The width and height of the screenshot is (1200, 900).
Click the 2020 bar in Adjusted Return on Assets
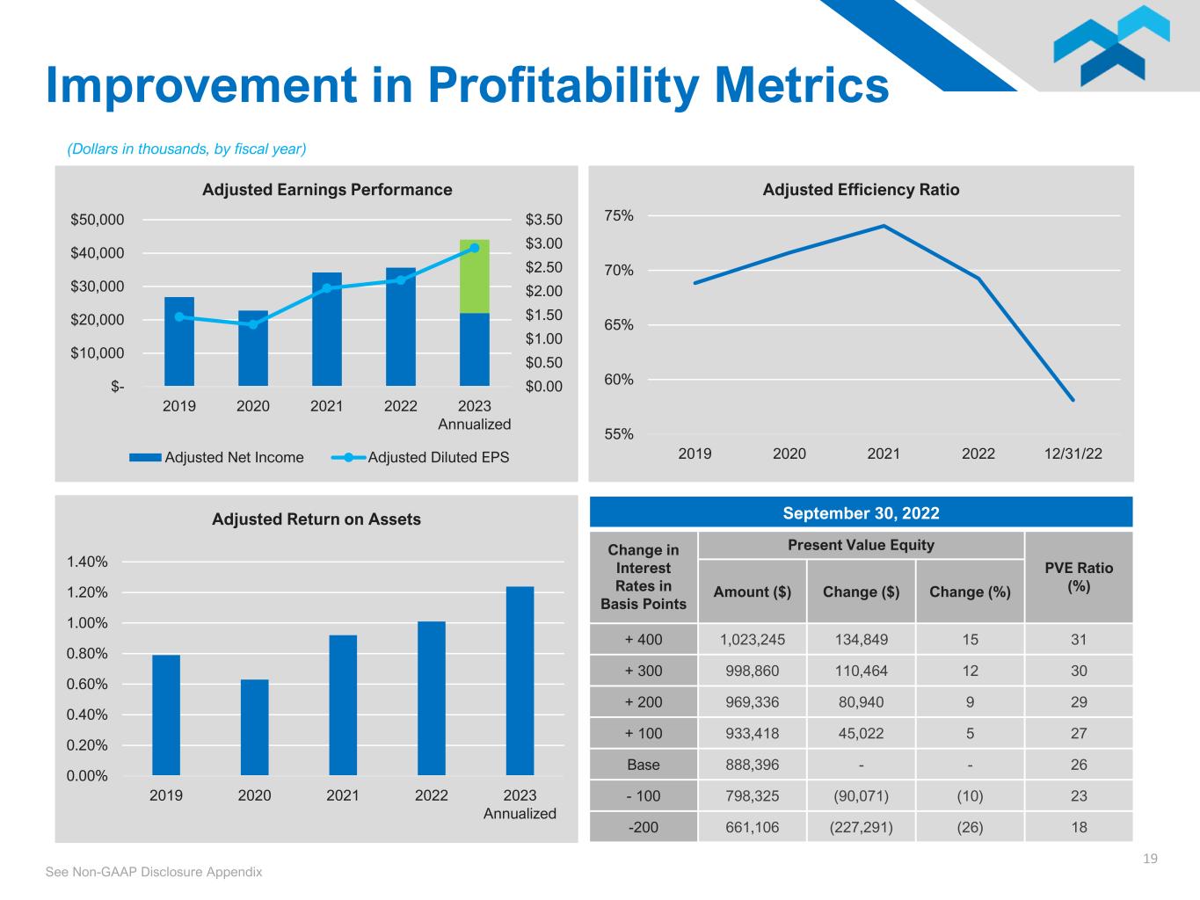254,727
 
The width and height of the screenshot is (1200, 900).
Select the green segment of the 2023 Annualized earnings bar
475,276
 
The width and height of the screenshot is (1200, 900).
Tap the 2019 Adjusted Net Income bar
179,341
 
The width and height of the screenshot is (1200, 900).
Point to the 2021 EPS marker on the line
327,288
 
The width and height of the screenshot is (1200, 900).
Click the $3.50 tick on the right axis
543,220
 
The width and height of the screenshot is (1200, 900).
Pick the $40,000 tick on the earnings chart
98,253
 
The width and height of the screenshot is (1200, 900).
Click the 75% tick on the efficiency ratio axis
619,216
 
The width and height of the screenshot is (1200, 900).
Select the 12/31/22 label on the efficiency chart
1072,454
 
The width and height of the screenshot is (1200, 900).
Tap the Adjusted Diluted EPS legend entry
422,457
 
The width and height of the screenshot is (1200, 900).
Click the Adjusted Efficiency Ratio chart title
861,190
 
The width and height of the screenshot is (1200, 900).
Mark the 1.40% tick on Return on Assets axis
87,562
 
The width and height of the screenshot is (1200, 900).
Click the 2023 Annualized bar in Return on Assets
520,680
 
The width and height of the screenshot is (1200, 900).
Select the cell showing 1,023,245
752,640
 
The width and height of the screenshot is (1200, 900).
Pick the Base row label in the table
644,765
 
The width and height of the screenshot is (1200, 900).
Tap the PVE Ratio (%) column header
1079,577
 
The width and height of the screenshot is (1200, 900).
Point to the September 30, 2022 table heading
861,513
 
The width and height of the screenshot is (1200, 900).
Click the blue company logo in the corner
1111,46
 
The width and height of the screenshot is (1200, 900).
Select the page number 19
1150,859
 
